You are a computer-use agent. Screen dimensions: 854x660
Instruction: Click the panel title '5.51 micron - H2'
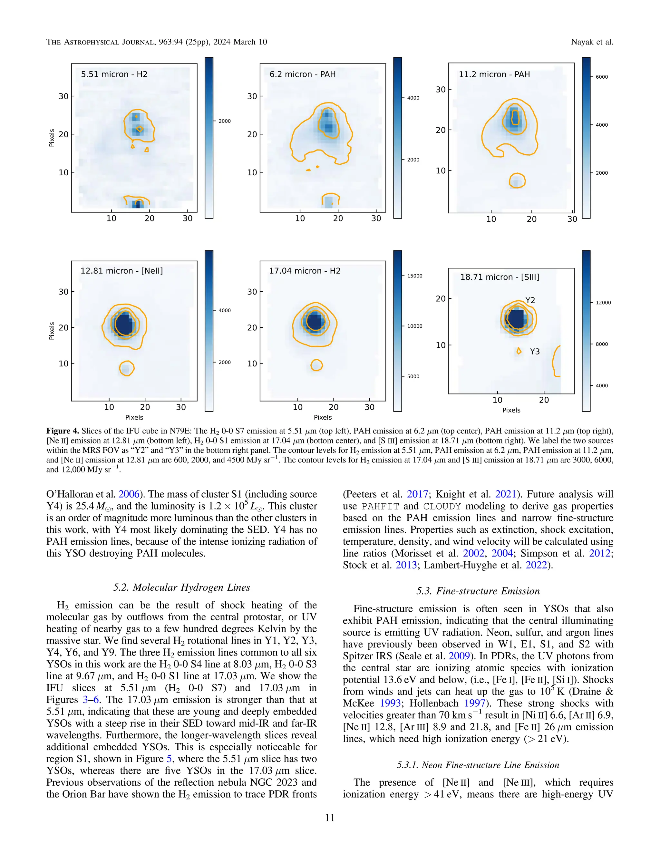[114, 74]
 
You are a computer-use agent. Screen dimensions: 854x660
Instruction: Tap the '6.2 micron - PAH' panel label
[302, 74]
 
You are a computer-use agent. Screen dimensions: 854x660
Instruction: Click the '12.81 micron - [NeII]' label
[121, 271]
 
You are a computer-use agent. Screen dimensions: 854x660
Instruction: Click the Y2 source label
[530, 300]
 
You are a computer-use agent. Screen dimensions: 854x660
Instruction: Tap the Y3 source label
[535, 352]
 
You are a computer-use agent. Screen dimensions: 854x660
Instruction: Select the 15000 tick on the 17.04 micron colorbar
[414, 276]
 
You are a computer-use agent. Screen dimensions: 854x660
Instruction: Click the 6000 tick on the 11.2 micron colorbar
[601, 77]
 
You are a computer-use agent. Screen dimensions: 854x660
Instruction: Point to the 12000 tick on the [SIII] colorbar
[603, 303]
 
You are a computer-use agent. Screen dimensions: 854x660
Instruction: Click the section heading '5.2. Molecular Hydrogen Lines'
[181, 587]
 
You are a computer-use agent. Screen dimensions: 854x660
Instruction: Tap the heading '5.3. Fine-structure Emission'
[478, 591]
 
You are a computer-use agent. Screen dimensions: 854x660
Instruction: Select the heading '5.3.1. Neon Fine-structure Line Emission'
[478, 764]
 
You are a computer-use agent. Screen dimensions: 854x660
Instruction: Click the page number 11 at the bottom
[330, 818]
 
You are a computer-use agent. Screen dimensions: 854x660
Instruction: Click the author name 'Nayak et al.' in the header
[592, 42]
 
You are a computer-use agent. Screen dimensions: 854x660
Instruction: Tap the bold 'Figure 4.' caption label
[63, 431]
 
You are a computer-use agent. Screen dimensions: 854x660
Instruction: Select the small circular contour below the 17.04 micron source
[316, 365]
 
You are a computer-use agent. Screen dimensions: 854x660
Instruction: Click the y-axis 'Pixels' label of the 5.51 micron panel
[52, 138]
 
